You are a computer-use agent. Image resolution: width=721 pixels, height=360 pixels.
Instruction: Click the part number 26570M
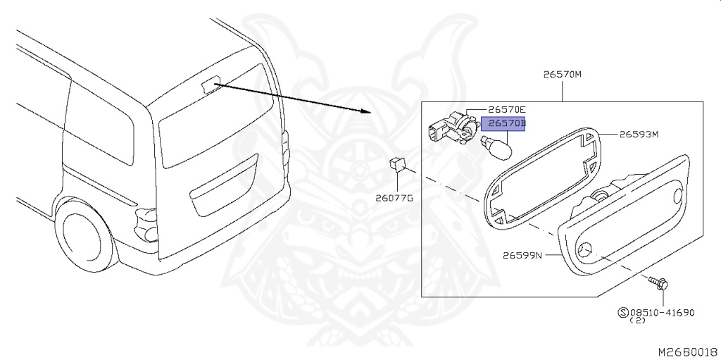click(x=562, y=73)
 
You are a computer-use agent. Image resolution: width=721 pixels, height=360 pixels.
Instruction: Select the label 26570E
click(x=507, y=110)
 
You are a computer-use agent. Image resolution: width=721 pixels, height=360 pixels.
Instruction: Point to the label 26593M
click(x=639, y=134)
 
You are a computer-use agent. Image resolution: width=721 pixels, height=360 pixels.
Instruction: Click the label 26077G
click(x=395, y=198)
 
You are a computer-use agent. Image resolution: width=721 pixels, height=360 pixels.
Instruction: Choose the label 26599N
click(x=522, y=255)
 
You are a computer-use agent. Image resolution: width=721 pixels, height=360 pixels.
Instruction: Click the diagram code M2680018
click(x=687, y=351)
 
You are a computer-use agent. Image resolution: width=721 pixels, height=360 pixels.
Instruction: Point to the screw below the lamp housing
click(x=659, y=283)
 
